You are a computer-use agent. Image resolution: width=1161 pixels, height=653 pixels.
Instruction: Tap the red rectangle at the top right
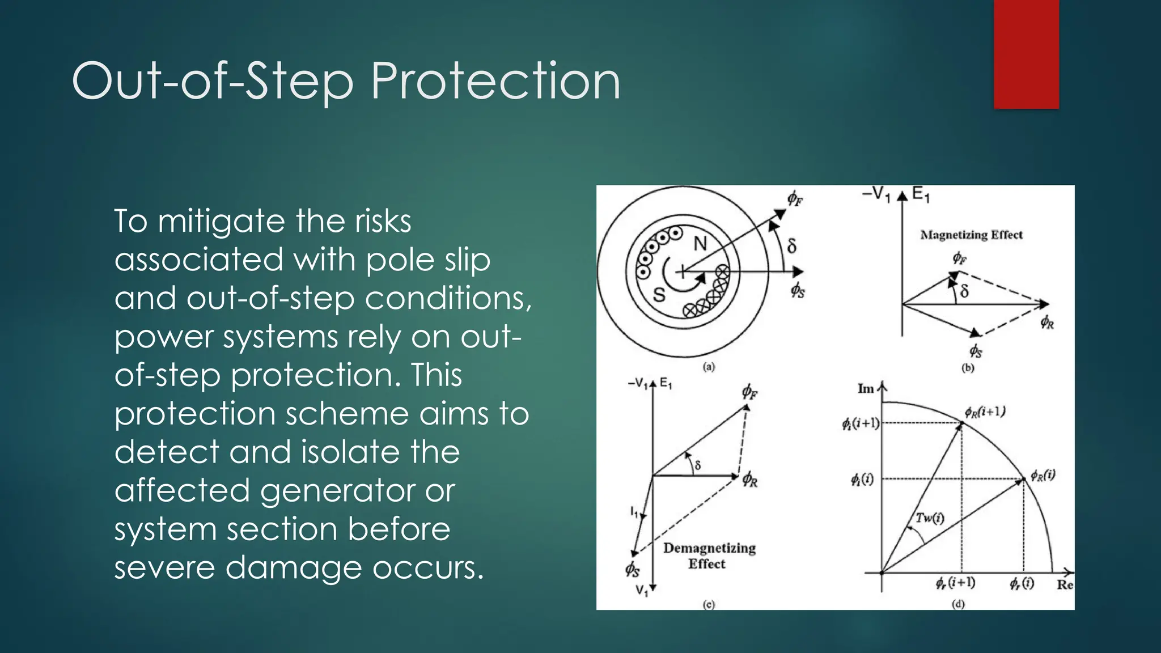pyautogui.click(x=1026, y=54)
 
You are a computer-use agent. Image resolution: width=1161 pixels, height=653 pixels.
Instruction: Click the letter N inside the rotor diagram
pyautogui.click(x=701, y=244)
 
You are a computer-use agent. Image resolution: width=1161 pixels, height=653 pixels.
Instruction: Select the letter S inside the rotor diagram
pyautogui.click(x=659, y=295)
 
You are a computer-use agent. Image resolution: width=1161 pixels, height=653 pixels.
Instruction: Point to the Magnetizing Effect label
pyautogui.click(x=971, y=235)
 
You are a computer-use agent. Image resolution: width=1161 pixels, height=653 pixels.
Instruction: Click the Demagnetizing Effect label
pyautogui.click(x=709, y=556)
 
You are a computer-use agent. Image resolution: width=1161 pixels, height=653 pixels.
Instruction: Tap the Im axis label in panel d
pyautogui.click(x=866, y=389)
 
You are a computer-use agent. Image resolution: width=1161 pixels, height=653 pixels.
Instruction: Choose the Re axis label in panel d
pyautogui.click(x=1065, y=584)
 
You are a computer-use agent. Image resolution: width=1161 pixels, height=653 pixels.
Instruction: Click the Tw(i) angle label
pyautogui.click(x=930, y=518)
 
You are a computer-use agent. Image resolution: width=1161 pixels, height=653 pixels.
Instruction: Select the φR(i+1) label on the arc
pyautogui.click(x=985, y=412)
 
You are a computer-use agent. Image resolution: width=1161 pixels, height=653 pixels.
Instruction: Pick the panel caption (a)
pyautogui.click(x=709, y=367)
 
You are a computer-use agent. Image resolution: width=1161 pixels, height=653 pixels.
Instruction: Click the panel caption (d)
pyautogui.click(x=957, y=604)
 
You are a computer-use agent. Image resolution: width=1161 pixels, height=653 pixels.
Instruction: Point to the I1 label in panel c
pyautogui.click(x=634, y=511)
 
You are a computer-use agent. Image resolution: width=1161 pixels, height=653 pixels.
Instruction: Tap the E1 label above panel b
pyautogui.click(x=921, y=196)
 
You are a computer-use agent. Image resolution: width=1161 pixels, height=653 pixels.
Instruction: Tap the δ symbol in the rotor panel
pyautogui.click(x=792, y=246)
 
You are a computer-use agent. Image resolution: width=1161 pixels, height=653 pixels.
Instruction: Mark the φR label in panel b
pyautogui.click(x=1047, y=323)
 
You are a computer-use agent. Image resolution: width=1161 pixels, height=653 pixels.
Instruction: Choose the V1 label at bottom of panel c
pyautogui.click(x=641, y=591)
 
